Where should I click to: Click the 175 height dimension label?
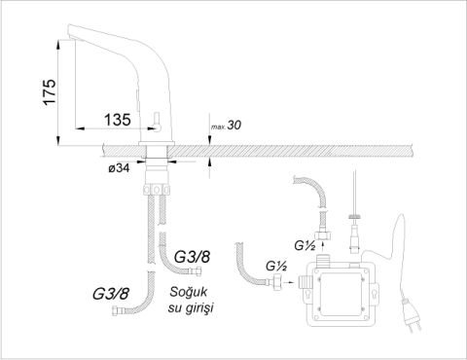[51, 91]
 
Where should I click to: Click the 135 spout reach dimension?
[118, 120]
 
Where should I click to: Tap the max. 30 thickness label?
[227, 126]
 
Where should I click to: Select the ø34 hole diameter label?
[120, 168]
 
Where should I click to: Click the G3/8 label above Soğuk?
[192, 257]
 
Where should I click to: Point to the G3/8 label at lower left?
[111, 294]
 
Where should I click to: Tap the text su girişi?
[191, 308]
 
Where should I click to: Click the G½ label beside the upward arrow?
[305, 246]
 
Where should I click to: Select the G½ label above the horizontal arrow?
[276, 266]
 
